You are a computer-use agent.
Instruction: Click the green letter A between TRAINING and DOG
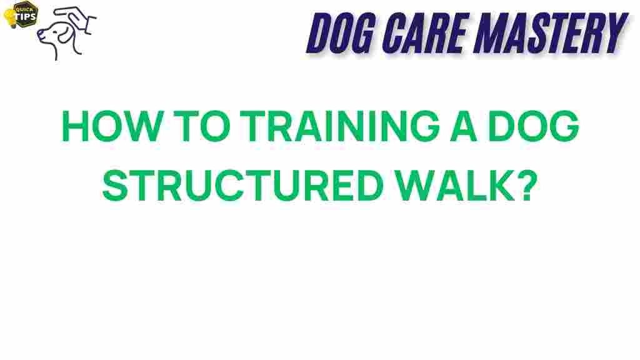pos(463,126)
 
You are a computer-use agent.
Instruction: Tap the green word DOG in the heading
pos(534,126)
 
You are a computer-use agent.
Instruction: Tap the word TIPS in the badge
pos(25,17)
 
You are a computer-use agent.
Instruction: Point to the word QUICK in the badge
pos(24,9)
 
